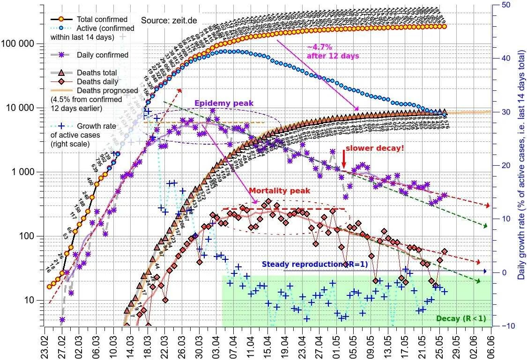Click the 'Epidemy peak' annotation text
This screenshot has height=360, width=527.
[224, 103]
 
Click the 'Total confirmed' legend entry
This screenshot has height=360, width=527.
[102, 20]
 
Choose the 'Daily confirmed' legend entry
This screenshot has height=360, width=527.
[103, 55]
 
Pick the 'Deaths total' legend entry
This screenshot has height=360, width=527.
[97, 73]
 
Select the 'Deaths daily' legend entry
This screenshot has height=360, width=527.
[97, 81]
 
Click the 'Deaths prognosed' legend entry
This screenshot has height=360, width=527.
[107, 90]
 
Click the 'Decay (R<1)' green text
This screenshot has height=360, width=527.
[460, 319]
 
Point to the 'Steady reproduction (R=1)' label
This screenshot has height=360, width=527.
[314, 264]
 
